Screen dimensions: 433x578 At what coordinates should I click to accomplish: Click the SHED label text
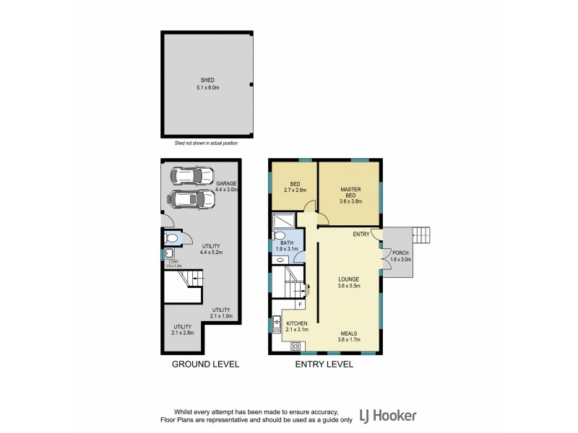coord(207,81)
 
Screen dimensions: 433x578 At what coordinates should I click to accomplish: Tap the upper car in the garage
coord(191,175)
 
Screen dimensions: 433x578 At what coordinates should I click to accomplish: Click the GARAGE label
coord(225,184)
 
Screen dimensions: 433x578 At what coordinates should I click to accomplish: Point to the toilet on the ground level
coord(172,237)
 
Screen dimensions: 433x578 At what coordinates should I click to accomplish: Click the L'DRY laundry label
coord(171,263)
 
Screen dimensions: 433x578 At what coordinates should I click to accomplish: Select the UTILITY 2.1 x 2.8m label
coord(181,330)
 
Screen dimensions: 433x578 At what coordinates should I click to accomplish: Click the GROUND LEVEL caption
coord(205,364)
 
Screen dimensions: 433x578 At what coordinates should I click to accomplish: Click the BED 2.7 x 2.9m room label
coord(295,188)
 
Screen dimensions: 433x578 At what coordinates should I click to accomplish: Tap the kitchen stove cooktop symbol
coord(296,346)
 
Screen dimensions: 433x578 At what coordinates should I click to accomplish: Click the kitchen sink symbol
coord(277,324)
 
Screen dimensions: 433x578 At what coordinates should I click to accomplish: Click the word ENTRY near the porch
coord(361,234)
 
